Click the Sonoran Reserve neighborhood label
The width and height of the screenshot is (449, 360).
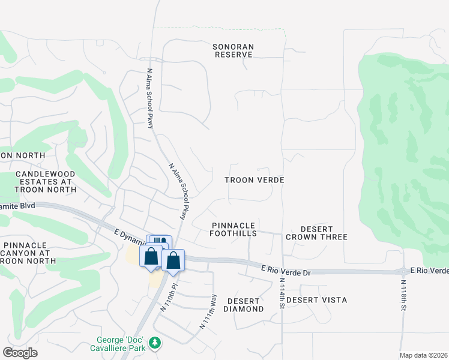(x=234, y=50)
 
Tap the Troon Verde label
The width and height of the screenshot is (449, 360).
(x=254, y=180)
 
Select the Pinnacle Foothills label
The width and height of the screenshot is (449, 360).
(x=234, y=229)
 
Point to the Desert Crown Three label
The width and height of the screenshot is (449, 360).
(x=316, y=233)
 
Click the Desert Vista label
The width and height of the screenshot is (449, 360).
(x=316, y=300)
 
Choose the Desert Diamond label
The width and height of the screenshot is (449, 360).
(x=243, y=305)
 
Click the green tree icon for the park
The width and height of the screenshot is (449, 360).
(x=156, y=342)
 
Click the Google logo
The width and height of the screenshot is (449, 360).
(x=20, y=353)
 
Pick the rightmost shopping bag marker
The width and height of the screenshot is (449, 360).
(x=173, y=260)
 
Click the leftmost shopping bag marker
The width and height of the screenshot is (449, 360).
(x=151, y=256)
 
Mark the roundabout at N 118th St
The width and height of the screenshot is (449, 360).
(x=402, y=271)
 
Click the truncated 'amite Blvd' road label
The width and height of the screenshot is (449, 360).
(x=18, y=206)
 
